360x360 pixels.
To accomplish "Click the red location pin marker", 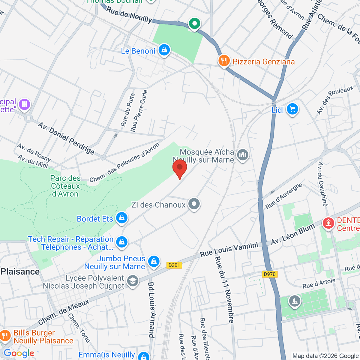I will tap(180, 168).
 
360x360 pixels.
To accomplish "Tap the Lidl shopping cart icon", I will tap(292, 109).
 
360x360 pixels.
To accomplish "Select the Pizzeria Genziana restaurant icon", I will tap(224, 61).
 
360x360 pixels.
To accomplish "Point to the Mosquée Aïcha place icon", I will tap(243, 155).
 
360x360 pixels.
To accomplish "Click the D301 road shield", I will tap(174, 265).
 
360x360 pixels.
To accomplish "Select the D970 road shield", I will tap(269, 274).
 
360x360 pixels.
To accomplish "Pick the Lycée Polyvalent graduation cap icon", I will tap(132, 281).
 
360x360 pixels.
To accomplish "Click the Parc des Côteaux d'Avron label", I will tap(65, 186).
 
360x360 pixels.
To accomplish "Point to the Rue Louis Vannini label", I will tap(229, 250).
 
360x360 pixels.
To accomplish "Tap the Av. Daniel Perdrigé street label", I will tap(66, 138).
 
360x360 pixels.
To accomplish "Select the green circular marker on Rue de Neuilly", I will tap(195, 23).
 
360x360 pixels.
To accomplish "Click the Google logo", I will tap(19, 353).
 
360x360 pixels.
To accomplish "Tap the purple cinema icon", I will tap(24, 104).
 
